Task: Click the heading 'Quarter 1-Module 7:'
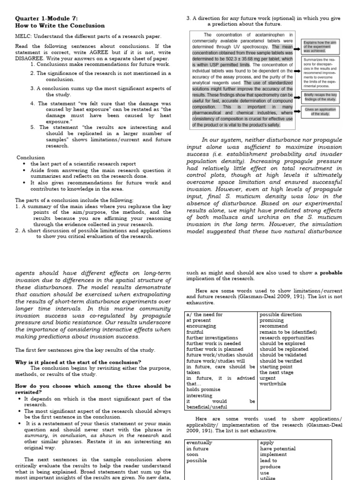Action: [x=45, y=18]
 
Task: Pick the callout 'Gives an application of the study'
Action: [x=320, y=112]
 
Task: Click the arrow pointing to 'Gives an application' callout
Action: [x=297, y=112]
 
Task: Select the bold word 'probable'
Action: [x=331, y=272]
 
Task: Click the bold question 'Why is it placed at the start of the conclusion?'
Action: [x=78, y=362]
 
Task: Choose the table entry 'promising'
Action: [x=271, y=320]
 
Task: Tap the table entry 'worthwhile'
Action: [x=273, y=384]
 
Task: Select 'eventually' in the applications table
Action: [x=199, y=442]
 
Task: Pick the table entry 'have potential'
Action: [x=277, y=449]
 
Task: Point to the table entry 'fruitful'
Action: [x=195, y=332]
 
